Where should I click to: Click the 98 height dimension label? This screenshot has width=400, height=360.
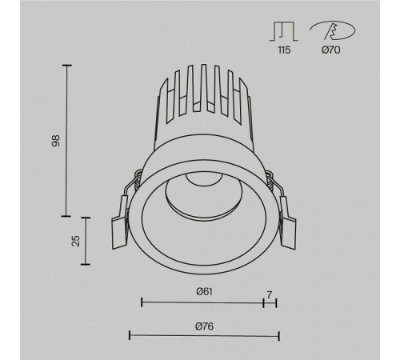[x=56, y=141]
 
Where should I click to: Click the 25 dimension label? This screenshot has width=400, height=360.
[x=76, y=241]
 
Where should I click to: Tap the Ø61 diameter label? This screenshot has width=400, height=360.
[x=204, y=291]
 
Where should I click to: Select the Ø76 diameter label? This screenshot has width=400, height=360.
[x=204, y=326]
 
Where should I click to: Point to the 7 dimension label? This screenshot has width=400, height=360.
[x=269, y=294]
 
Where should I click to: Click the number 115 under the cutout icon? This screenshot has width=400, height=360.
[x=284, y=50]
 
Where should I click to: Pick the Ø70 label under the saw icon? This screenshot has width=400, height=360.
[x=331, y=50]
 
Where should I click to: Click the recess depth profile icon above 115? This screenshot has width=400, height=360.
[x=284, y=31]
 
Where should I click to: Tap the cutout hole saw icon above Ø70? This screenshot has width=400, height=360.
[x=333, y=30]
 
